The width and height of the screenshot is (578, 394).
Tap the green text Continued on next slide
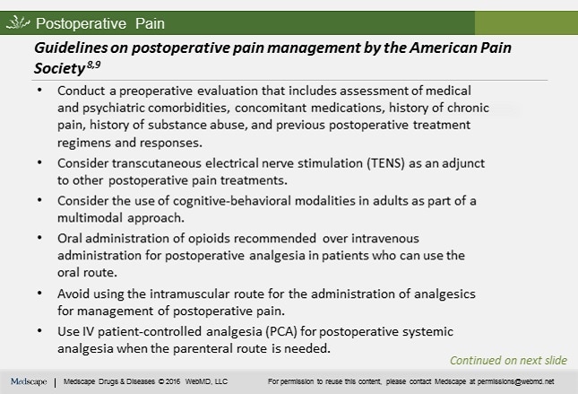point(508,361)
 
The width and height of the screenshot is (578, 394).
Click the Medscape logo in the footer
point(30,381)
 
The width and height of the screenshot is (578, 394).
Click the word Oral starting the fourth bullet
point(72,239)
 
